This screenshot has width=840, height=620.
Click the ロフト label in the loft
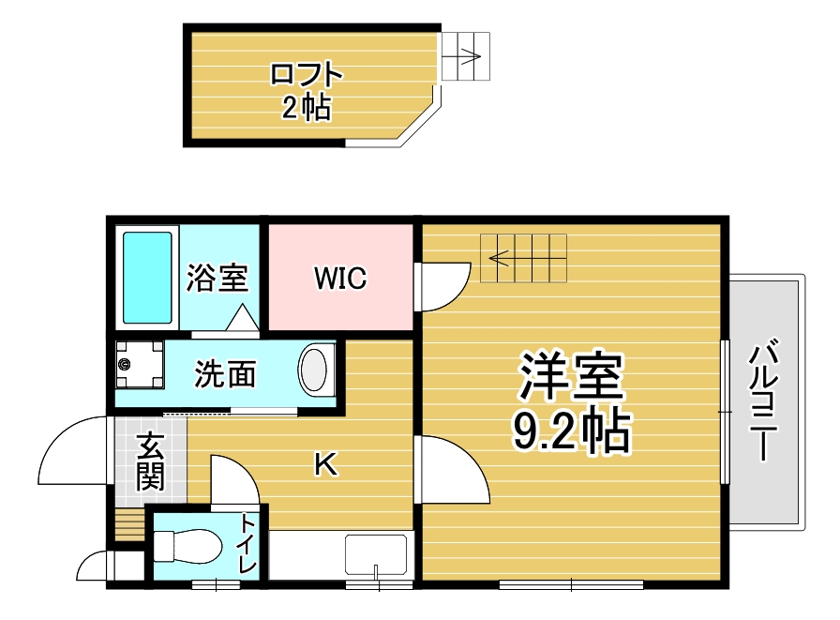(x=306, y=75)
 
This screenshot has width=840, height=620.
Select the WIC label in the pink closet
(x=340, y=279)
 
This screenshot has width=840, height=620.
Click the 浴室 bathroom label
(x=217, y=278)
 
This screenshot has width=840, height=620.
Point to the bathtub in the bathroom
(x=149, y=278)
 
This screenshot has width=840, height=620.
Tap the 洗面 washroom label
(x=225, y=374)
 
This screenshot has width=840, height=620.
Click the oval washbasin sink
(x=316, y=370)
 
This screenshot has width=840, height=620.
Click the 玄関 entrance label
(x=149, y=462)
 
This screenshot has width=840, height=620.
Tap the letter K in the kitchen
(x=324, y=463)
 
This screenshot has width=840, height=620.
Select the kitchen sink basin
(x=375, y=553)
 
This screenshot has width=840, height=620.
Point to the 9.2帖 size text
(x=571, y=431)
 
